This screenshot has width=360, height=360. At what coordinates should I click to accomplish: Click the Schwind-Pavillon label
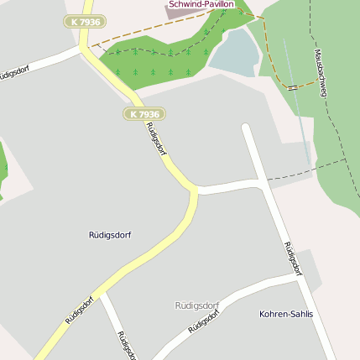(x=201, y=4)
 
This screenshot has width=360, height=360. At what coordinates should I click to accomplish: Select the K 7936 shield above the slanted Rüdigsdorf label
(x=144, y=113)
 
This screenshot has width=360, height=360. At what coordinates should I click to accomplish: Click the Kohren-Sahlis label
(x=286, y=314)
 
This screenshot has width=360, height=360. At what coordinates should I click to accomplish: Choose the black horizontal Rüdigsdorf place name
(x=110, y=235)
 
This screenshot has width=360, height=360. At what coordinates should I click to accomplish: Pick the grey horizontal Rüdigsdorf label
(x=196, y=305)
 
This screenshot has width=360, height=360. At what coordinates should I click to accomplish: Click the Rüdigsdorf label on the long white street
(x=292, y=258)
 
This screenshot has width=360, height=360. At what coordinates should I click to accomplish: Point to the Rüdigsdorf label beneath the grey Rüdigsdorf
(x=204, y=319)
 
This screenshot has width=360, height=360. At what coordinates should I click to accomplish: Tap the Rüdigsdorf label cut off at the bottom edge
(x=126, y=345)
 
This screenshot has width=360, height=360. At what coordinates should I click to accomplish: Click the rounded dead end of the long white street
(x=246, y=128)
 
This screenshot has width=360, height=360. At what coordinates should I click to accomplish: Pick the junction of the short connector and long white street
(x=265, y=183)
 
